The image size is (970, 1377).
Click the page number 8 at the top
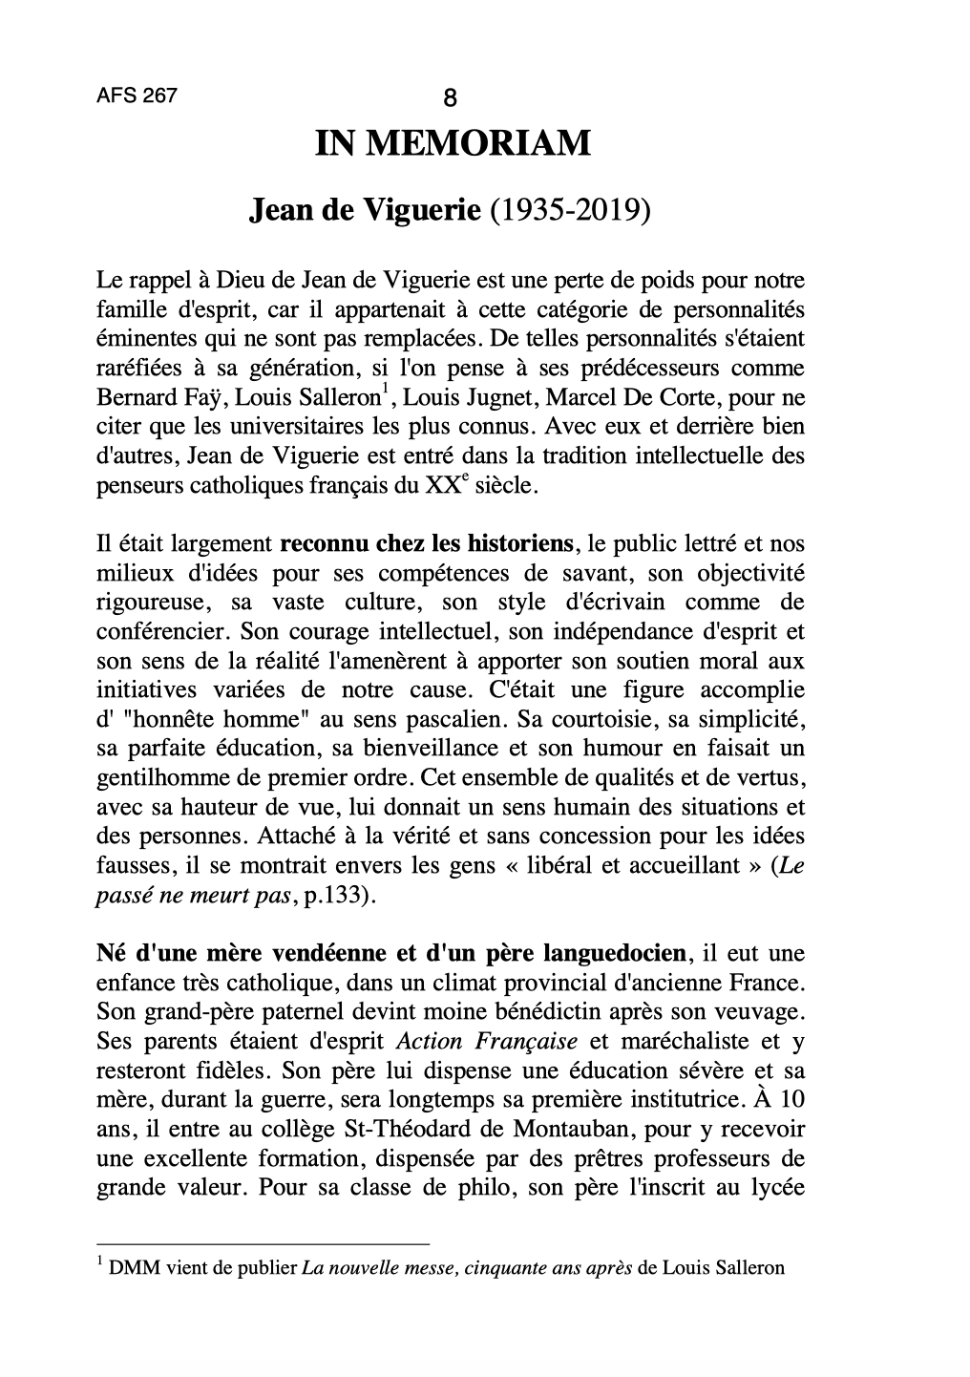click(451, 97)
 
